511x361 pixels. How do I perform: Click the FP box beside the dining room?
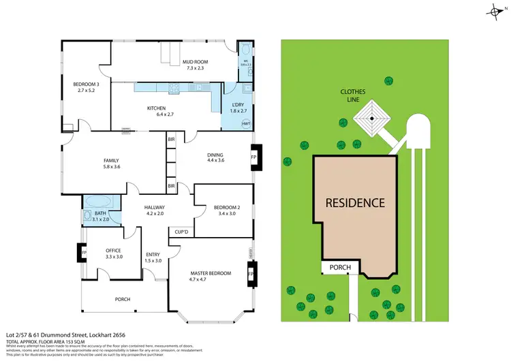254,157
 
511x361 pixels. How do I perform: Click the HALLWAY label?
155,210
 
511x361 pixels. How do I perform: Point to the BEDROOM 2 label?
224,210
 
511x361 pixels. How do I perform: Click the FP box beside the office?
79,253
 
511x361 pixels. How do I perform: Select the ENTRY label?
153,257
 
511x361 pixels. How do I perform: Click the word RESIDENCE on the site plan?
354,202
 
